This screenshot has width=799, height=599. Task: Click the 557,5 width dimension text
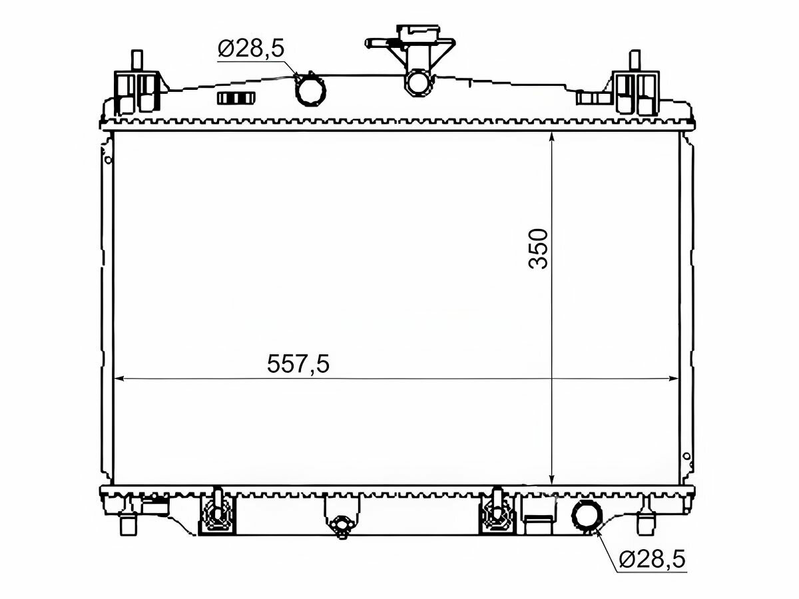point(298,363)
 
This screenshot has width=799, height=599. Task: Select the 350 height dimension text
point(538,249)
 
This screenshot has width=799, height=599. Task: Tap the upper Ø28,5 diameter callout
point(251,49)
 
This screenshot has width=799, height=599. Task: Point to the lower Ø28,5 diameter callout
point(653,569)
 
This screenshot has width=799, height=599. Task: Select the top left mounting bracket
point(138,87)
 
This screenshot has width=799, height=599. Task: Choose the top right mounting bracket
point(635,87)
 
